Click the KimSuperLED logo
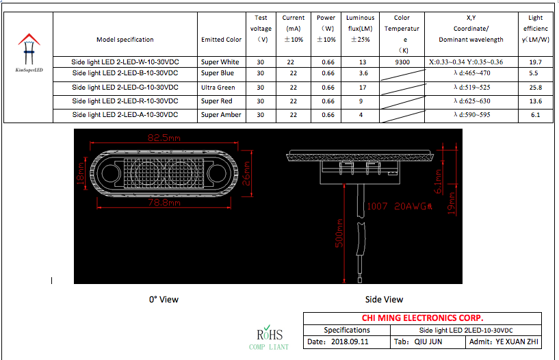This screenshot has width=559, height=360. (28, 52)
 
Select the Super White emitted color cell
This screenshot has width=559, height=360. (220, 62)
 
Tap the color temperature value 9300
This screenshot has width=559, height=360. (402, 62)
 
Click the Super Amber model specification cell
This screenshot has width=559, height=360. (125, 115)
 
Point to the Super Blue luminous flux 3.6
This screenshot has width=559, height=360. (363, 73)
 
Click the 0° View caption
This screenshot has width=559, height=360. (164, 299)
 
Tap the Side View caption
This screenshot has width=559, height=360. (384, 299)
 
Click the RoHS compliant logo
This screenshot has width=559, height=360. (268, 338)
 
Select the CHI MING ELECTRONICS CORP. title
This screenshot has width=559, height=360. (422, 318)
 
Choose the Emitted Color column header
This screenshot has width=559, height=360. (221, 40)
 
